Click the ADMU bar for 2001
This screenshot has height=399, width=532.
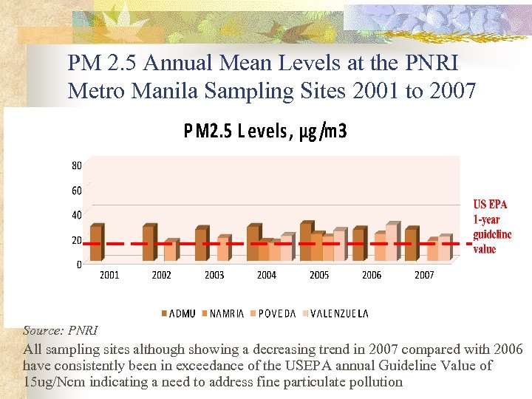pyautogui.click(x=95, y=243)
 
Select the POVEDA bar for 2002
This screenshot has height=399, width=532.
pyautogui.click(x=169, y=250)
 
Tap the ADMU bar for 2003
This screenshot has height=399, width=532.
pyautogui.click(x=200, y=245)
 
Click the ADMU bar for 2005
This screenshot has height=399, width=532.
pyautogui.click(x=305, y=242)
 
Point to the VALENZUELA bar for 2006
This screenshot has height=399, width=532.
pyautogui.click(x=391, y=242)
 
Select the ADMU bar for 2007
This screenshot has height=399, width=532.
pyautogui.click(x=410, y=245)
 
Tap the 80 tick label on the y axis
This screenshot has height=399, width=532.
pyautogui.click(x=77, y=166)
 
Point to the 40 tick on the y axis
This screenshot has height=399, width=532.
pyautogui.click(x=77, y=215)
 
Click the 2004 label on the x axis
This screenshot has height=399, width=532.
pyautogui.click(x=267, y=275)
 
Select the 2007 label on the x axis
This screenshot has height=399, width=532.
pyautogui.click(x=424, y=275)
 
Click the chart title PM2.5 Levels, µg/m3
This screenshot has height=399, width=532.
pyautogui.click(x=265, y=132)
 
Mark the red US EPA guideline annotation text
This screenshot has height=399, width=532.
pyautogui.click(x=491, y=226)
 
